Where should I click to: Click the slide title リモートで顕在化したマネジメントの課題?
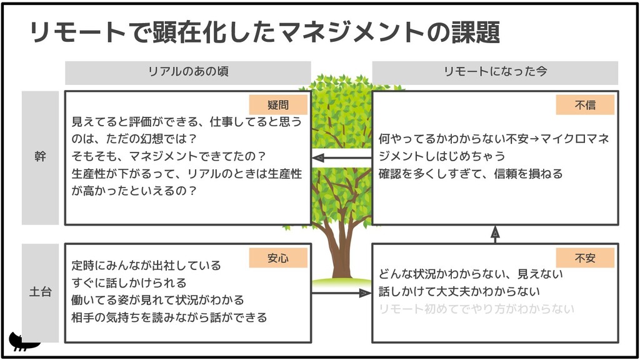(x=265, y=32)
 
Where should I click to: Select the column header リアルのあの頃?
(x=187, y=72)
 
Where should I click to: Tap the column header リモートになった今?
(x=495, y=72)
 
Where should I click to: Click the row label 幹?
(x=40, y=157)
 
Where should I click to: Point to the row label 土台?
(x=40, y=292)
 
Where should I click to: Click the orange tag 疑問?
(x=278, y=105)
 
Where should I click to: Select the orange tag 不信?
(x=585, y=105)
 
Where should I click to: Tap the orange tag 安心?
(x=278, y=257)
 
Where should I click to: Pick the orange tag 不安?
(x=585, y=257)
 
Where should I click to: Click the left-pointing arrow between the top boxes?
(x=341, y=158)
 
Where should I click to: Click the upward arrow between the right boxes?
(x=495, y=234)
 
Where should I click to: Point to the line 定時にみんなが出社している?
(x=146, y=266)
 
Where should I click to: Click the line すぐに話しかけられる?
(x=129, y=283)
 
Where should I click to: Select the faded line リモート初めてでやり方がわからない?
(x=476, y=309)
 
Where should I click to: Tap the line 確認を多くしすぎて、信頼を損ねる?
(x=471, y=174)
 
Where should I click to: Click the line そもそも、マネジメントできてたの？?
(x=169, y=156)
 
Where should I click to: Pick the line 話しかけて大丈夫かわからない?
(x=459, y=291)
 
